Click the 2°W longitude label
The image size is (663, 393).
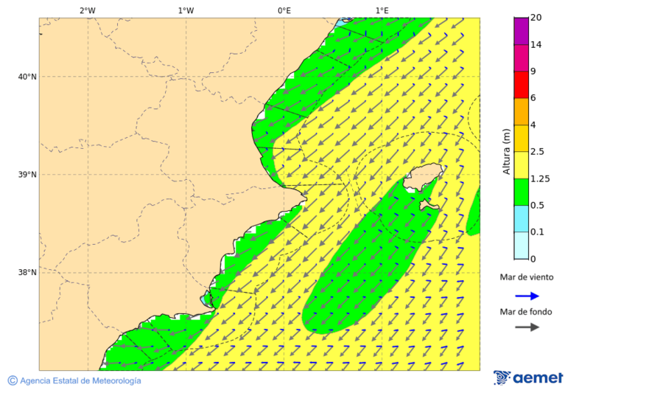pyautogui.click(x=87, y=10)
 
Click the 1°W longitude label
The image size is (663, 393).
pyautogui.click(x=186, y=10)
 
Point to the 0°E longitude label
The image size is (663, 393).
pyautogui.click(x=284, y=10)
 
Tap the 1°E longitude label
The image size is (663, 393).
pyautogui.click(x=382, y=10)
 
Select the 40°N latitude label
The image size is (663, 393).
pyautogui.click(x=27, y=77)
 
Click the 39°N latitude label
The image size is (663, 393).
pyautogui.click(x=27, y=175)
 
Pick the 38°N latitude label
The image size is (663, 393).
pyautogui.click(x=27, y=273)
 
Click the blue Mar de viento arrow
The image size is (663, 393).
pyautogui.click(x=527, y=296)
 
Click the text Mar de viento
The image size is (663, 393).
pyautogui.click(x=527, y=278)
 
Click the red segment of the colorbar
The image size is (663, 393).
pyautogui.click(x=522, y=85)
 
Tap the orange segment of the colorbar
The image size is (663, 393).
pyautogui.click(x=522, y=111)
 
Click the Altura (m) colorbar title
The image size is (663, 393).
pyautogui.click(x=506, y=151)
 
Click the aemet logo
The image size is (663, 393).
pyautogui.click(x=528, y=378)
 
